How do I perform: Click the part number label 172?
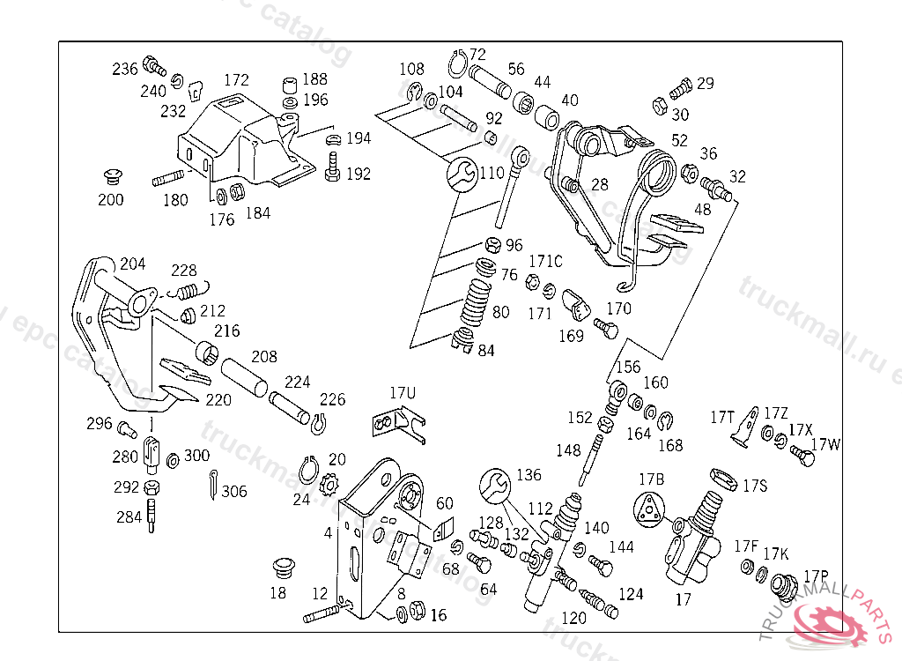236,80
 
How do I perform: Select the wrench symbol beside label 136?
495,486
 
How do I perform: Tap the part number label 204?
132,264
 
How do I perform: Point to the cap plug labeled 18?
281,564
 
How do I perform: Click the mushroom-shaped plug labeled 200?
111,174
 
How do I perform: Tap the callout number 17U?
403,391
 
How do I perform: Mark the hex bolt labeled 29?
680,88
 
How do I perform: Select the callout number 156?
627,368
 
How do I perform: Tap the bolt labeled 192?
333,167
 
